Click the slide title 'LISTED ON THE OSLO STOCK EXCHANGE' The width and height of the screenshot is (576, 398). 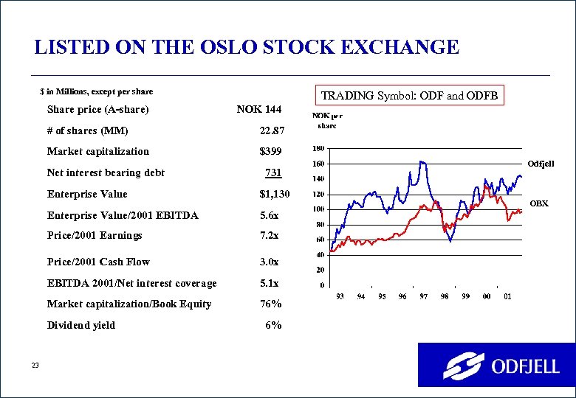[x=247, y=48]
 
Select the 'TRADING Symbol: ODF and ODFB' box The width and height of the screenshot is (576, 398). [x=410, y=96]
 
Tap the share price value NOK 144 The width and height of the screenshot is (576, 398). [x=258, y=110]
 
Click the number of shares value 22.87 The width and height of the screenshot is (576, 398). [x=270, y=131]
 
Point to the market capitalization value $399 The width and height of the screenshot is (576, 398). [x=270, y=152]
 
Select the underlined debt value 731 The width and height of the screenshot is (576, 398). [x=272, y=173]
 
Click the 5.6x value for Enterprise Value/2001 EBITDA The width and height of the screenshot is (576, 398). [x=269, y=216]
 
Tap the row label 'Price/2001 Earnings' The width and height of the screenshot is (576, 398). [x=95, y=236]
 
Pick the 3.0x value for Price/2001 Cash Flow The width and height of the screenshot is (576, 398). [x=269, y=262]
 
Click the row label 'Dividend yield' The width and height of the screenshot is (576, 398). [x=81, y=325]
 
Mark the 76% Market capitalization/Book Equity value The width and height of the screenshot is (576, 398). [x=270, y=304]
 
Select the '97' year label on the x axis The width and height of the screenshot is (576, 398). [x=424, y=296]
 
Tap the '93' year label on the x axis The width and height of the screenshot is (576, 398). [x=340, y=296]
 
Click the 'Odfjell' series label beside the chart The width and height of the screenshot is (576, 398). [x=540, y=163]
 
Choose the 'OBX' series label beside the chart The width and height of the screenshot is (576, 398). [x=540, y=203]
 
